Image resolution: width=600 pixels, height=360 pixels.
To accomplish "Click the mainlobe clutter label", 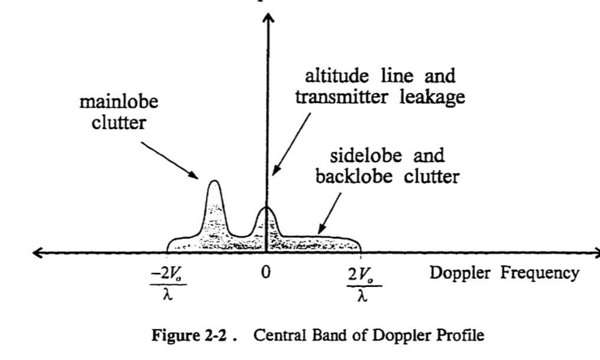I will pyautogui.click(x=119, y=112).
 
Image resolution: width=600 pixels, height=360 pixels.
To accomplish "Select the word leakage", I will pyautogui.click(x=432, y=97).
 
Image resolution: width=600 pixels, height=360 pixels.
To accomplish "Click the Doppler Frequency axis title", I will pyautogui.click(x=505, y=273).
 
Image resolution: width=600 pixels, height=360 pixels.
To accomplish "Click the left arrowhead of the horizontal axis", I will pyautogui.click(x=37, y=253).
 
